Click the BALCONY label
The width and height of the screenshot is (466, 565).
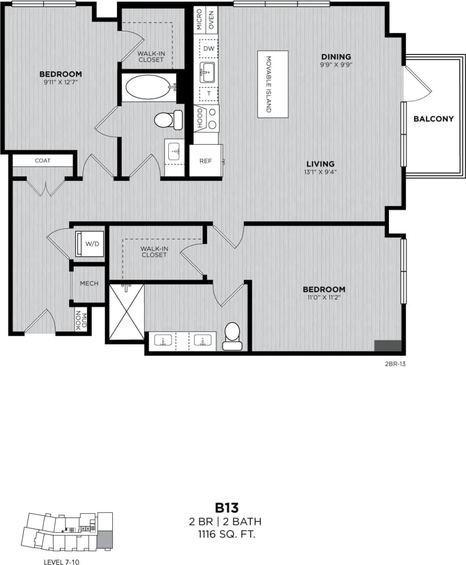[x=433, y=119]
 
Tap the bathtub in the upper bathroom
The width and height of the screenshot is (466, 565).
[x=147, y=87]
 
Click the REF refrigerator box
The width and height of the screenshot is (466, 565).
[x=205, y=161]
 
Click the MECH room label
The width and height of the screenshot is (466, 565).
[x=89, y=283]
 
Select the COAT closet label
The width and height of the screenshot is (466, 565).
[x=43, y=160]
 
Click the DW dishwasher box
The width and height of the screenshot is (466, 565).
[x=208, y=49]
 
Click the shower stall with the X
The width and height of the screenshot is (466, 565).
[x=127, y=312]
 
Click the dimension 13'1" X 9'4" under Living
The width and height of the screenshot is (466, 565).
[x=320, y=173]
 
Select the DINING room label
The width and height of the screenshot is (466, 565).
[x=336, y=57]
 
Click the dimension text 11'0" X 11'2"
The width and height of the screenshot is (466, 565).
[x=324, y=297]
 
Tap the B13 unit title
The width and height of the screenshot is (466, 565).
[x=227, y=508]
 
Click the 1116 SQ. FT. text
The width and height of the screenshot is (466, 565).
[x=227, y=535]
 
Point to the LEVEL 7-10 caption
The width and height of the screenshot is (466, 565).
[x=62, y=562]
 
